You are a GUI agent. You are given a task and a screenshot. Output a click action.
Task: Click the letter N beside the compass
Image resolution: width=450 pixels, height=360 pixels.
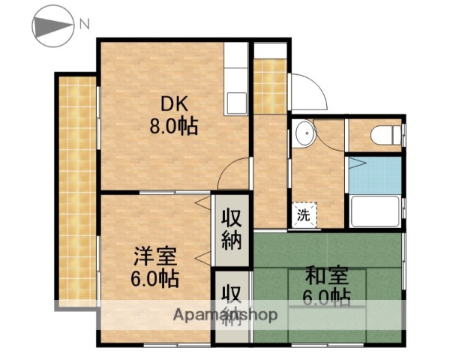(85, 24)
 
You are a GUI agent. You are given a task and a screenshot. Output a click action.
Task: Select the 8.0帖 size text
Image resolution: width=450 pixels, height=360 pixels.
(172, 127)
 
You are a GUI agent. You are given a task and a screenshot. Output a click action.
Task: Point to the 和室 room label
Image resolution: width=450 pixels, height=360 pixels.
(326, 274)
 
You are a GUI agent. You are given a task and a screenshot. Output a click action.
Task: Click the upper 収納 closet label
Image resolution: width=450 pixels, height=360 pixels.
(231, 229)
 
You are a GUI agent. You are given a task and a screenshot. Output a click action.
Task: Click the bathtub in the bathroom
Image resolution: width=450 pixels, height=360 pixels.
(374, 211)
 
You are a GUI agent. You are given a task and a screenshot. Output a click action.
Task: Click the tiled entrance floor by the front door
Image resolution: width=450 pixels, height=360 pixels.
(270, 86)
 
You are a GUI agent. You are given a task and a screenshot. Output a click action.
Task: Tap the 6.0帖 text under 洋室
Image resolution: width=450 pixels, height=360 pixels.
(156, 279)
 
